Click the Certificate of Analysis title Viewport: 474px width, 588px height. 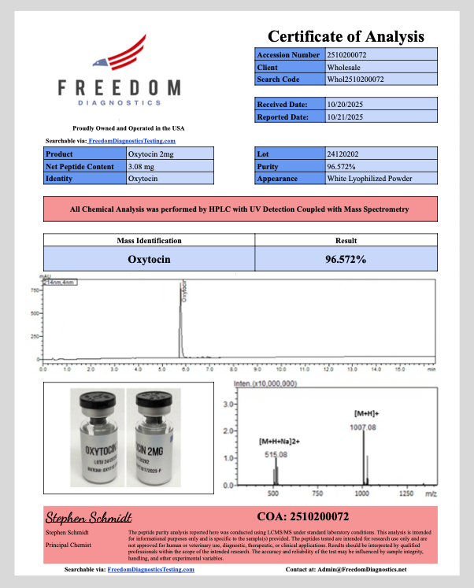point(346,36)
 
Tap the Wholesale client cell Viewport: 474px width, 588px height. point(344,68)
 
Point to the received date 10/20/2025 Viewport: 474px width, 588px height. point(346,104)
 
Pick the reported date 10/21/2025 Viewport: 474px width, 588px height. point(346,116)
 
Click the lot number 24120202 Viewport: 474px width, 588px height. point(344,154)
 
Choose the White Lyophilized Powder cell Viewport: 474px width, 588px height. point(369,179)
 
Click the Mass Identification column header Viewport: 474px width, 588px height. point(150,241)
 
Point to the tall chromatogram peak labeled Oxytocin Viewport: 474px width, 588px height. point(180,315)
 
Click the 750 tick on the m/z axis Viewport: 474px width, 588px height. point(318,494)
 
